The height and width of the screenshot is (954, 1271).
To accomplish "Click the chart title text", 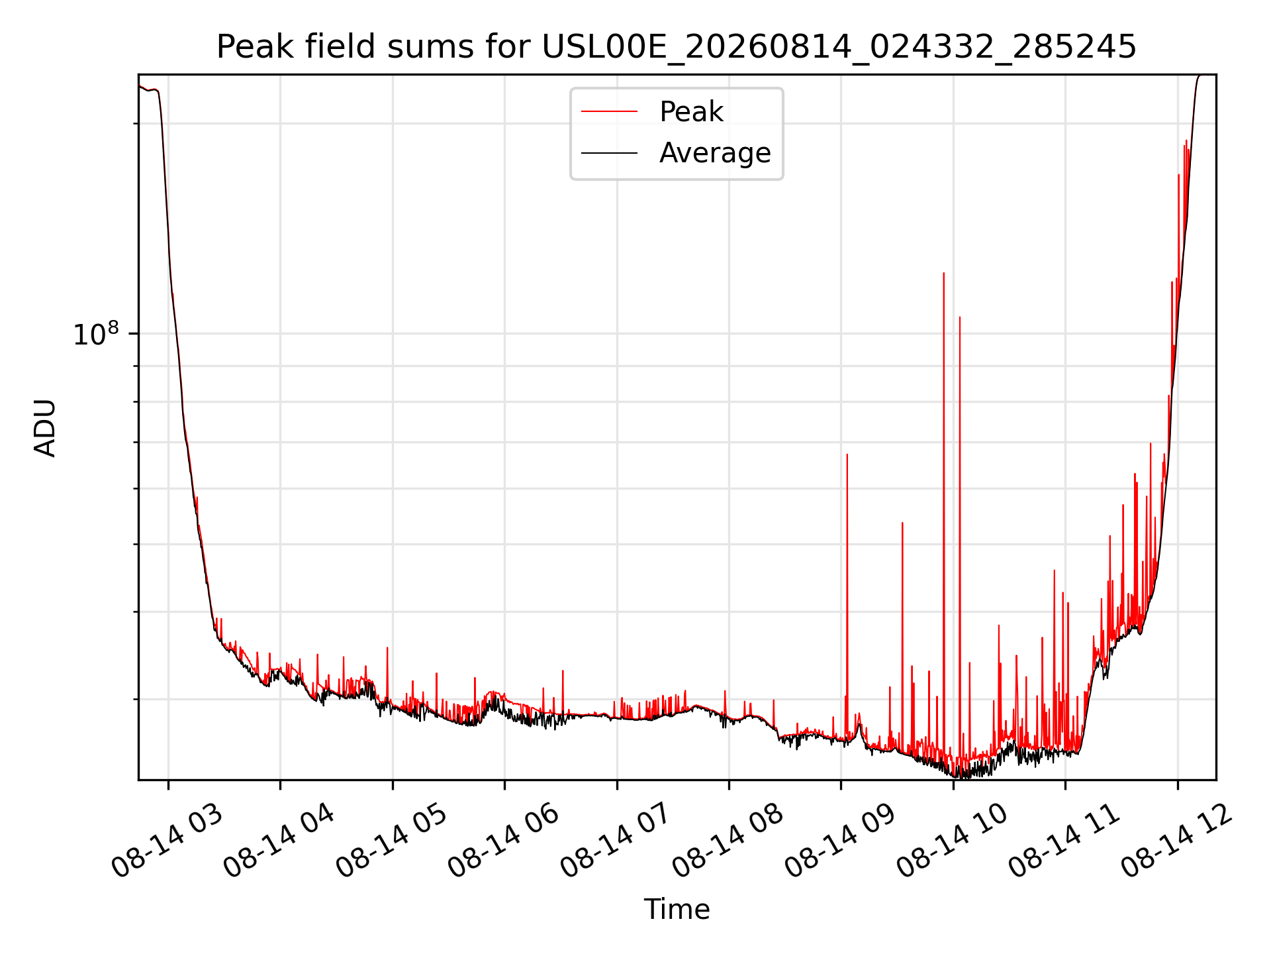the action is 677,47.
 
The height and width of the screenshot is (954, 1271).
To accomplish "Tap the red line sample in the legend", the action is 609,112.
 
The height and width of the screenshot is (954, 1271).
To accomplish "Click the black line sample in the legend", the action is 609,153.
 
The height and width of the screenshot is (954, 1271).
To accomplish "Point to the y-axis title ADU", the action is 45,427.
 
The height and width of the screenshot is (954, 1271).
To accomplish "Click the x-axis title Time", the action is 677,910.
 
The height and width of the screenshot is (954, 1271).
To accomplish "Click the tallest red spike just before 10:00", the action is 944,273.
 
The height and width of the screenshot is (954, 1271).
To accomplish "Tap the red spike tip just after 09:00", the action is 847,454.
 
